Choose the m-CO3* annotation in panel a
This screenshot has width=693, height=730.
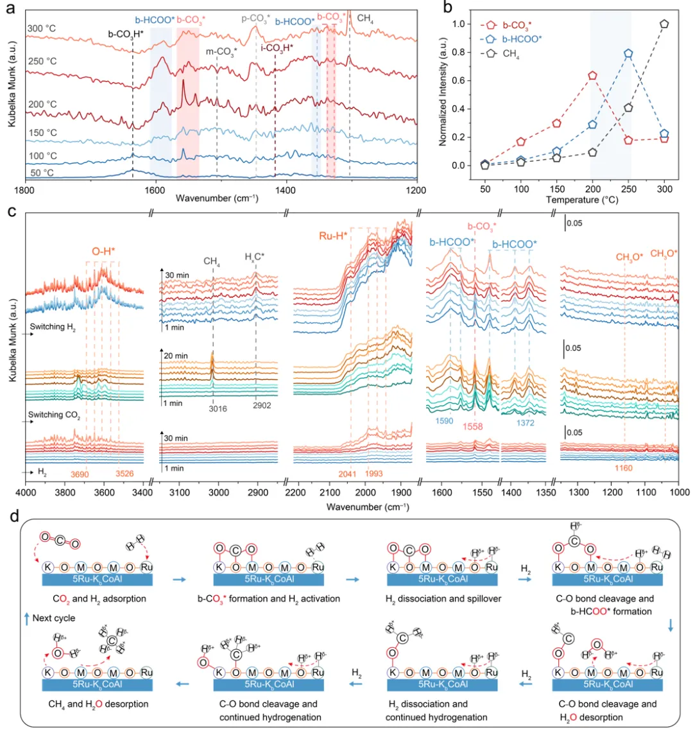click(x=221, y=51)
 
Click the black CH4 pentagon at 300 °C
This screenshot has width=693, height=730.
click(x=665, y=24)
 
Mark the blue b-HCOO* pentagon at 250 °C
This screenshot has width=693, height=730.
click(x=629, y=53)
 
